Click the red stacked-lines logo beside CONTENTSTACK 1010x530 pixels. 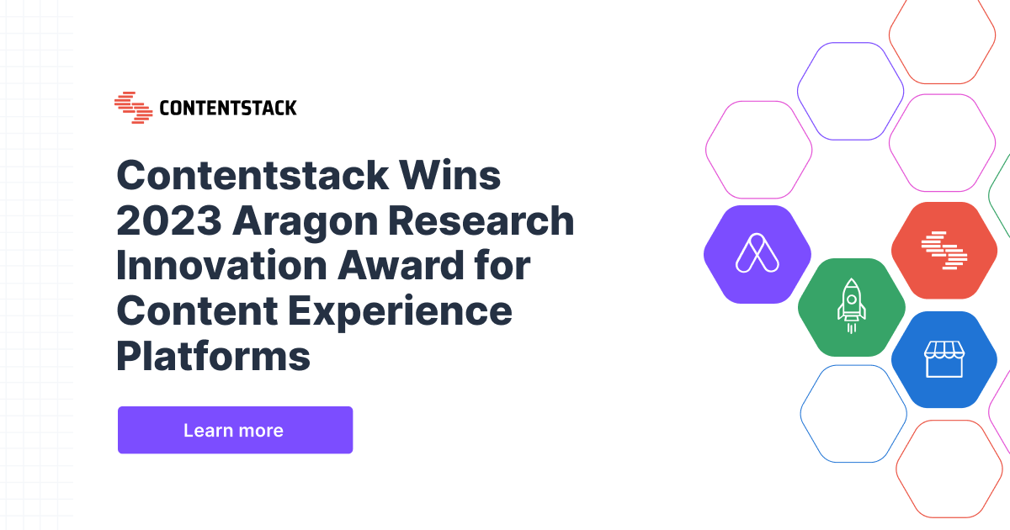[133, 108]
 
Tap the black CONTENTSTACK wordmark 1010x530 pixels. [227, 109]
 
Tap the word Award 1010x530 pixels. [415, 266]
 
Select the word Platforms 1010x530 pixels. [213, 357]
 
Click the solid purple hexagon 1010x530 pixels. [757, 252]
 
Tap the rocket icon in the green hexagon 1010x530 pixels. [851, 306]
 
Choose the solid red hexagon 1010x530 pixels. [944, 251]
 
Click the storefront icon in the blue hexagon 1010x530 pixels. [944, 359]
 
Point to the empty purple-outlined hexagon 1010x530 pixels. [850, 91]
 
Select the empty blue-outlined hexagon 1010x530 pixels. [853, 414]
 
